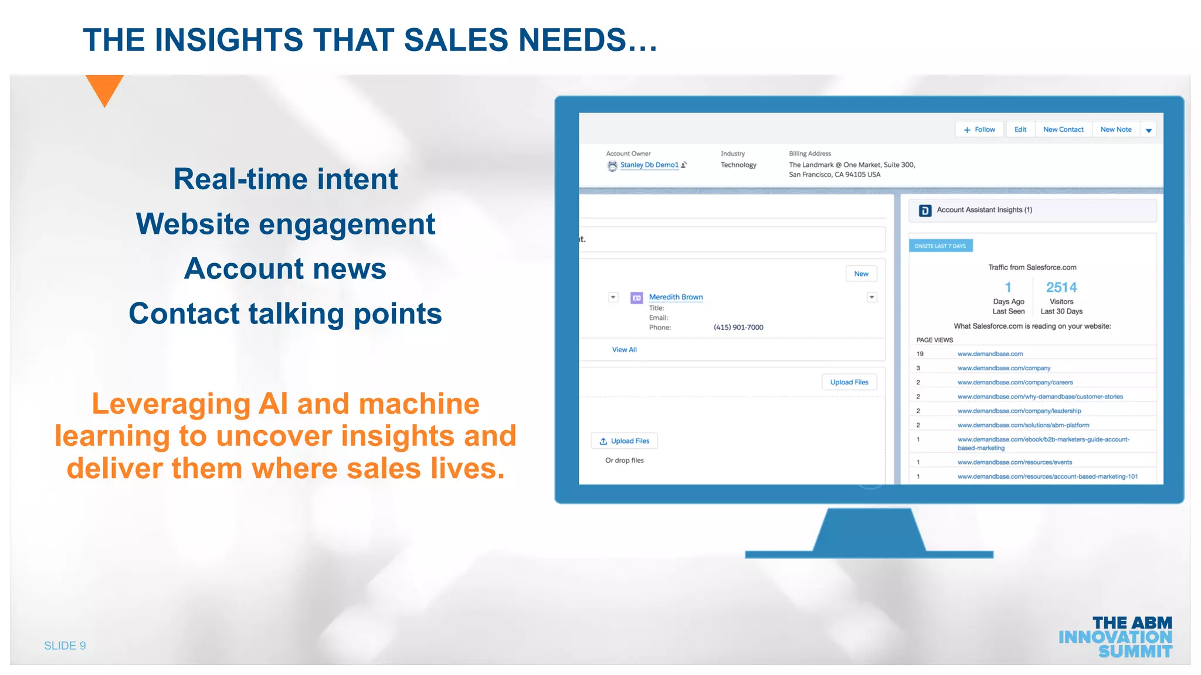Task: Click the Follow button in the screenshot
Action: (x=979, y=129)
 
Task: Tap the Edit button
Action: (x=1020, y=129)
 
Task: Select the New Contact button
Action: (x=1063, y=129)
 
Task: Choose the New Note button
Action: (x=1115, y=129)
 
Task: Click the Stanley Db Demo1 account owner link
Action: (x=649, y=165)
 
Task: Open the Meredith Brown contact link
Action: (x=676, y=297)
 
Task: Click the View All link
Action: (x=624, y=350)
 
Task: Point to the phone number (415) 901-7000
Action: (x=738, y=328)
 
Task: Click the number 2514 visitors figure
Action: (x=1061, y=288)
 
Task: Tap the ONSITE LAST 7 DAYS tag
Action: (x=940, y=246)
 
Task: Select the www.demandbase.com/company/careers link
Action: (x=1015, y=383)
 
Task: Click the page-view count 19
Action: (x=920, y=354)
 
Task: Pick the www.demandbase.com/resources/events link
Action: (x=1015, y=462)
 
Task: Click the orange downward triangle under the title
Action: (x=104, y=88)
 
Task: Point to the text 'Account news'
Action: (x=286, y=269)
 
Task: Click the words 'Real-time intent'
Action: (x=286, y=179)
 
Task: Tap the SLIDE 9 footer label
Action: (x=65, y=646)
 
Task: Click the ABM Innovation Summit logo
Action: (x=1115, y=637)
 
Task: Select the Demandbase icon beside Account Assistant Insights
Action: (x=925, y=210)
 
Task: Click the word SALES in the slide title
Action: (x=456, y=40)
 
